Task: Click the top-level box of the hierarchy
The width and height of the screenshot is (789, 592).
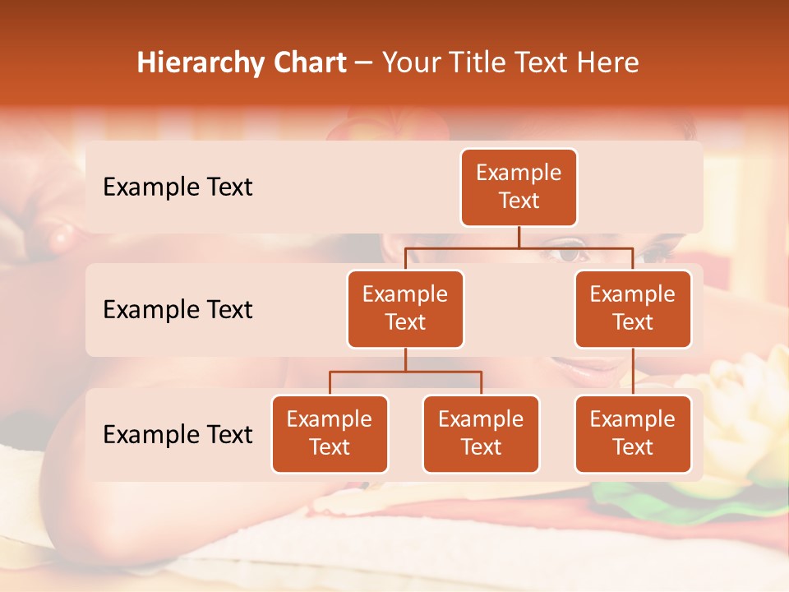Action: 519,187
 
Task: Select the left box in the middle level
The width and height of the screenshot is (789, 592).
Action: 405,309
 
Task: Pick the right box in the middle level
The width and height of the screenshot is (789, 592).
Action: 633,309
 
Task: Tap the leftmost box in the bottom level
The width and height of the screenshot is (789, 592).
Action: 330,434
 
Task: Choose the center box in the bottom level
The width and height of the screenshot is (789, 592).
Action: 481,434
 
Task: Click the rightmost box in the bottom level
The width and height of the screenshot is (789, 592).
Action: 633,434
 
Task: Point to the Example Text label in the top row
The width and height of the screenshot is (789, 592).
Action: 178,187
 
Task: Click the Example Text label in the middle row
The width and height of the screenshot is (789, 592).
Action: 178,310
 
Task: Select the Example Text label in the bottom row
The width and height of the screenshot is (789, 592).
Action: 178,435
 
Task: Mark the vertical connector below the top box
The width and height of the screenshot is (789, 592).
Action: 519,237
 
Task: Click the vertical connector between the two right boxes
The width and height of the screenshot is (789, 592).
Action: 633,372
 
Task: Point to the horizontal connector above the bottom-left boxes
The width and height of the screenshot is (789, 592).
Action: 405,372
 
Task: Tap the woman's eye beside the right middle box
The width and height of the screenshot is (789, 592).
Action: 568,254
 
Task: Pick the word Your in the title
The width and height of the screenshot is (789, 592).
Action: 411,63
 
